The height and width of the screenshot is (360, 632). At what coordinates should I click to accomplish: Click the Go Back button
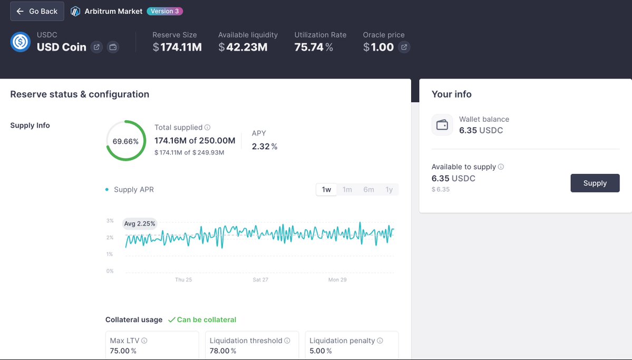click(37, 11)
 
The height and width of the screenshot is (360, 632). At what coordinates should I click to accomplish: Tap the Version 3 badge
click(165, 11)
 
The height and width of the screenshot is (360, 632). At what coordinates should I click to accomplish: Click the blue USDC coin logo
click(21, 42)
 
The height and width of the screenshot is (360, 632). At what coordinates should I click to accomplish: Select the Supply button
click(595, 183)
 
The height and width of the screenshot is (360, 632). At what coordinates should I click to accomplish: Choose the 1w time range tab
click(326, 189)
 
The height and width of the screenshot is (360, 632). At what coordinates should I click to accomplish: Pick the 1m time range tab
click(347, 189)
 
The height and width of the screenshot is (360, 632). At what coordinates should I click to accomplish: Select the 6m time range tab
click(368, 189)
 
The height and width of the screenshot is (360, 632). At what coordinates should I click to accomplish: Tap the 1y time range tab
click(389, 189)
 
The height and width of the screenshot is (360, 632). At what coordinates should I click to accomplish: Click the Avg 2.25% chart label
click(140, 223)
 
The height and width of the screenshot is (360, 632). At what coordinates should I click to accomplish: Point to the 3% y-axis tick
click(110, 220)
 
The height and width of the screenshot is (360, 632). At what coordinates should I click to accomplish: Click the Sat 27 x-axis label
click(260, 279)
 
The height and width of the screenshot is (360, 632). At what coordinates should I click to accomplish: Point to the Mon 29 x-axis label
click(337, 279)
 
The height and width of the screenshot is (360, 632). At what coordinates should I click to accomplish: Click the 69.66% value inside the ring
click(125, 141)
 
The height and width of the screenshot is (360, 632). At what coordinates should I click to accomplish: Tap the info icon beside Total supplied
click(207, 128)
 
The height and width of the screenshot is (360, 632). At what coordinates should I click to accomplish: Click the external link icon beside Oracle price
click(404, 47)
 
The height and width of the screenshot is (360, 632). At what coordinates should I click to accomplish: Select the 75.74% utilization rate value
click(314, 47)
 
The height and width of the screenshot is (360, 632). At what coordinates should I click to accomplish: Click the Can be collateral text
click(207, 320)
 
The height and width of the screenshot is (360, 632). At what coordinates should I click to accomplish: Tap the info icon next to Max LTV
click(144, 340)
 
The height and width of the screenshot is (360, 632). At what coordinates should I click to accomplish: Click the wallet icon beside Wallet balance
click(442, 124)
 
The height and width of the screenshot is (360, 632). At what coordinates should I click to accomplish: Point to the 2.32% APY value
click(265, 147)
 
